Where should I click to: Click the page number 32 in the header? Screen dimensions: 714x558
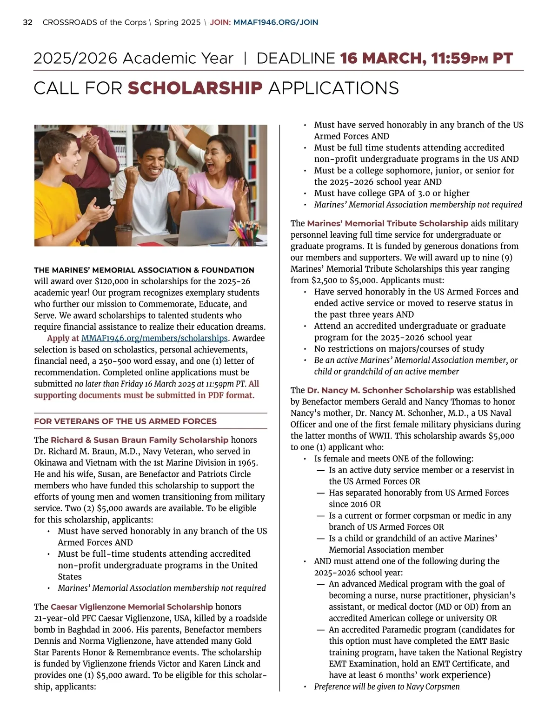(27, 22)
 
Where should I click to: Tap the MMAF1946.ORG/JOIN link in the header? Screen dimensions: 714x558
(275, 22)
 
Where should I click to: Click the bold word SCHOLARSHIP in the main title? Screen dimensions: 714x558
(195, 88)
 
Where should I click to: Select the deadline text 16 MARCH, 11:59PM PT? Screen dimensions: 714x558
(426, 59)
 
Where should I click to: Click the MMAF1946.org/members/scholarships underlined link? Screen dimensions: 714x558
(154, 338)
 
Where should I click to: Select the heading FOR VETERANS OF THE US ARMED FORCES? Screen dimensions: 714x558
(125, 421)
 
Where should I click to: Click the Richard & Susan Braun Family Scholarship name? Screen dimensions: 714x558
(139, 440)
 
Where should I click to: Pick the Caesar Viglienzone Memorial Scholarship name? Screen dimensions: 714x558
(132, 607)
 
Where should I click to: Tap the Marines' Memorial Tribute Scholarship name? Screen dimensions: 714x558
(387, 224)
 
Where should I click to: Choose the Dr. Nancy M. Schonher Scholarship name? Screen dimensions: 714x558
(380, 390)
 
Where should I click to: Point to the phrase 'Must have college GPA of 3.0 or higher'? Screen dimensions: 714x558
(392, 193)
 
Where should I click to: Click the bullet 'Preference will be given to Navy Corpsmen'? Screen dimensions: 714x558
(386, 687)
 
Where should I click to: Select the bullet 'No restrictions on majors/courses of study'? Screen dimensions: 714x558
(399, 349)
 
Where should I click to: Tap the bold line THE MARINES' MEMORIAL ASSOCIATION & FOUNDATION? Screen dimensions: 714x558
(144, 270)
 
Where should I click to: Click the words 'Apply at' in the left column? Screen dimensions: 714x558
(63, 338)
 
